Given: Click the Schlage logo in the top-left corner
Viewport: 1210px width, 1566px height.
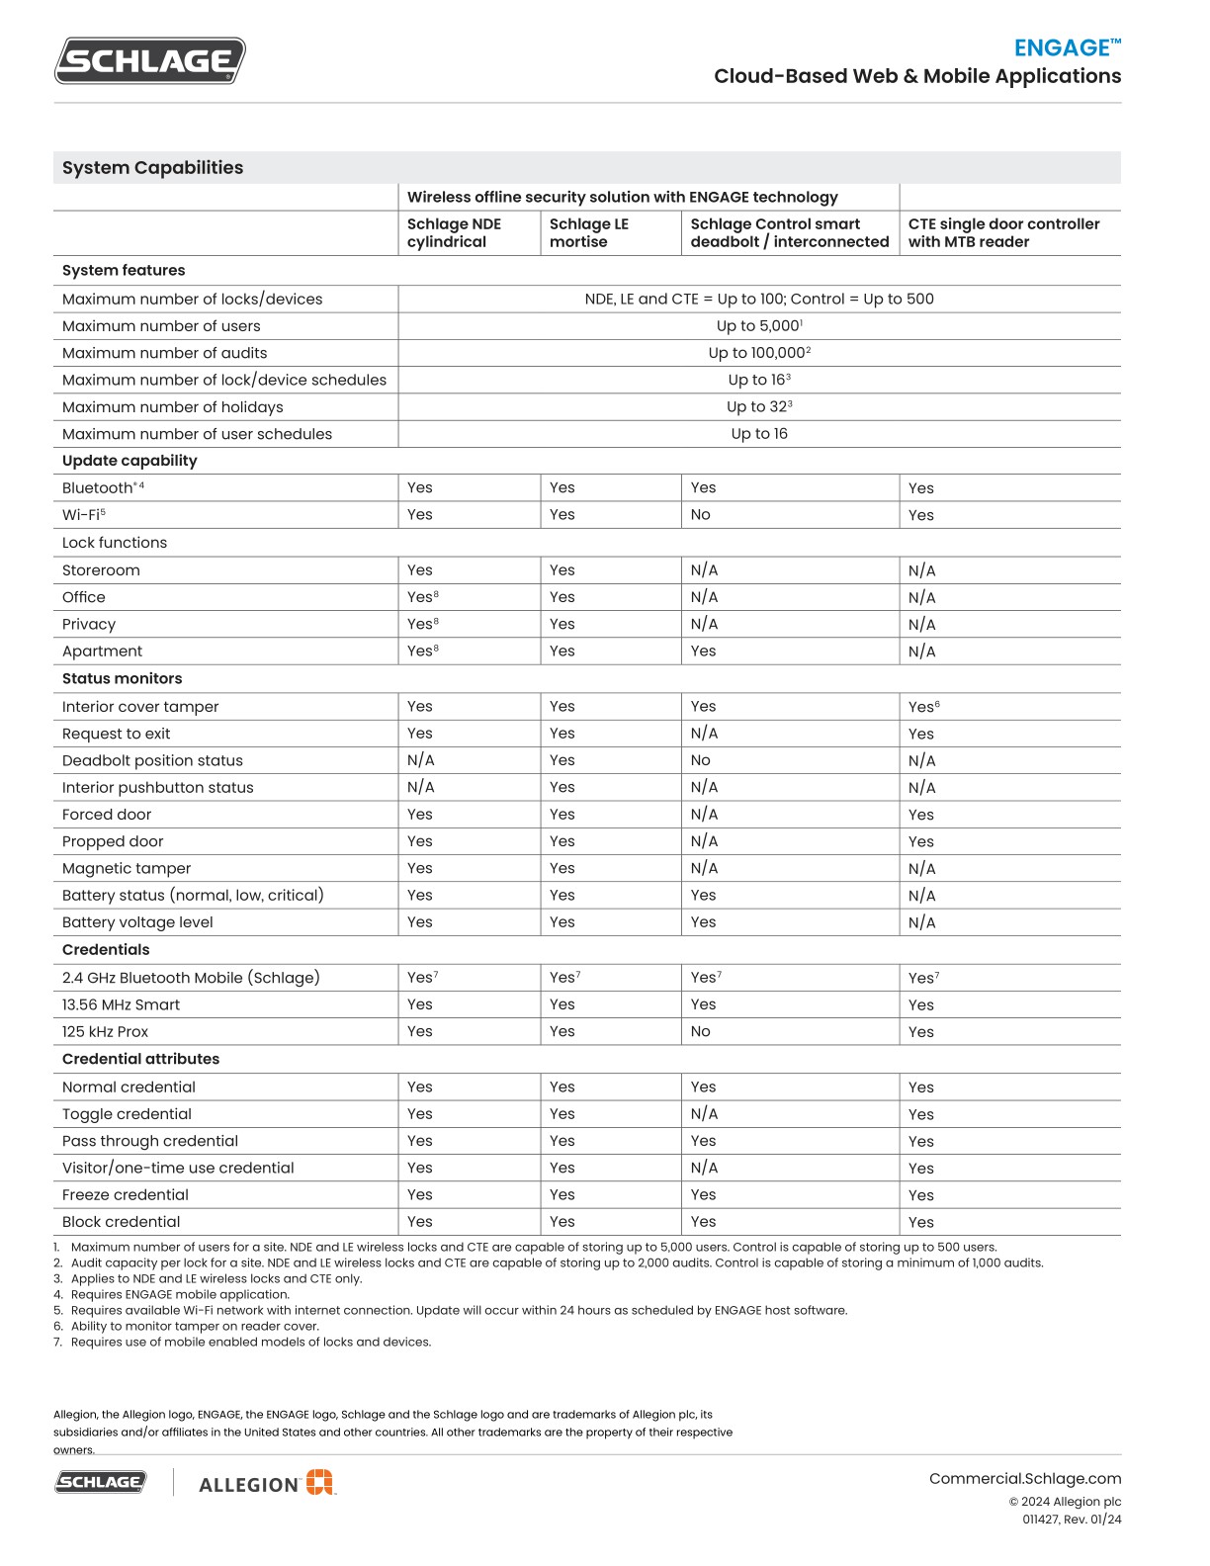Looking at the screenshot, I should (149, 61).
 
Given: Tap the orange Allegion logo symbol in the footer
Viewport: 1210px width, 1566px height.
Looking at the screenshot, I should (319, 1482).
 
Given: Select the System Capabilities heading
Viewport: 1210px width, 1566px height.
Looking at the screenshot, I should (152, 168).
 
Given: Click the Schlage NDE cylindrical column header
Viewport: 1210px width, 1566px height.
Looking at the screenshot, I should (454, 233).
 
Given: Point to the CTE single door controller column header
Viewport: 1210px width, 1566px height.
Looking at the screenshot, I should (1003, 233).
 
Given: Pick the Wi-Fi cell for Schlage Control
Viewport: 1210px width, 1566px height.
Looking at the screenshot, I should (700, 515).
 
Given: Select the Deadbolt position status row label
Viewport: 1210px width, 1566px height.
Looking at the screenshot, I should (152, 760).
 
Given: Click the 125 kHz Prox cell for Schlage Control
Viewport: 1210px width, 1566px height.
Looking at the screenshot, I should (700, 1032).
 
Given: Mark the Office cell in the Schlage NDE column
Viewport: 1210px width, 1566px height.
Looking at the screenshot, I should (422, 597).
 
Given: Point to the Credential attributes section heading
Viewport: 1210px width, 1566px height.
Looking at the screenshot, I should (140, 1059).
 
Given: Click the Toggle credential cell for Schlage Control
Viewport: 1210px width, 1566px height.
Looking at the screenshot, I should (704, 1114).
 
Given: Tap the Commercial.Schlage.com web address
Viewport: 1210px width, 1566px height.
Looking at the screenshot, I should (1024, 1479).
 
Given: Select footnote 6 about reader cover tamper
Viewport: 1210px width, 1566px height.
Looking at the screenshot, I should (194, 1327).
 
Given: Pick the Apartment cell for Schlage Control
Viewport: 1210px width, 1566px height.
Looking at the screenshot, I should (703, 652).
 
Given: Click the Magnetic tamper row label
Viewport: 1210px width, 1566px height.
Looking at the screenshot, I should (127, 869).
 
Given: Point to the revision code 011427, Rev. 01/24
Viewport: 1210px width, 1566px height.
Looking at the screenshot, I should (1072, 1520).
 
